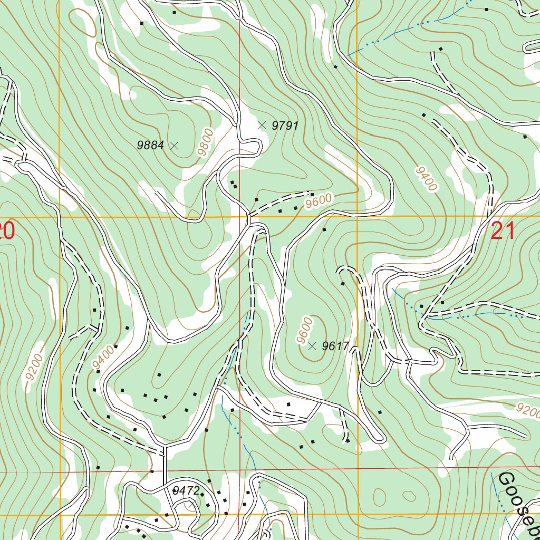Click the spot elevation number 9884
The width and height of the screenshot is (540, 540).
[x=150, y=146]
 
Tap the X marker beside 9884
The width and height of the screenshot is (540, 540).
[x=175, y=146]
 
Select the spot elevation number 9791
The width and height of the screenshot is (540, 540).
[x=285, y=126]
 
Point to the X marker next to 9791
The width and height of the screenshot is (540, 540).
[x=262, y=125]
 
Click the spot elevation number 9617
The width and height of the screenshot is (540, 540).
[x=335, y=346]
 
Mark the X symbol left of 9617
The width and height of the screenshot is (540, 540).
[x=312, y=346]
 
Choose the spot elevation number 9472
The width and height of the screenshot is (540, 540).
[x=186, y=491]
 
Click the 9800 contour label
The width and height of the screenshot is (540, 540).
[x=207, y=141]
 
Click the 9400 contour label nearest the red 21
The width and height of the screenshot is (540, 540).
[x=427, y=179]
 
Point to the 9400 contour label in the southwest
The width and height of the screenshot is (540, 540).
[x=102, y=357]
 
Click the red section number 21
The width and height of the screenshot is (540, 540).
[x=503, y=232]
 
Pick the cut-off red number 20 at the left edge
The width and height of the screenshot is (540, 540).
[x=5, y=232]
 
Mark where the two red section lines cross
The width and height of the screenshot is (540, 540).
[x=240, y=471]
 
